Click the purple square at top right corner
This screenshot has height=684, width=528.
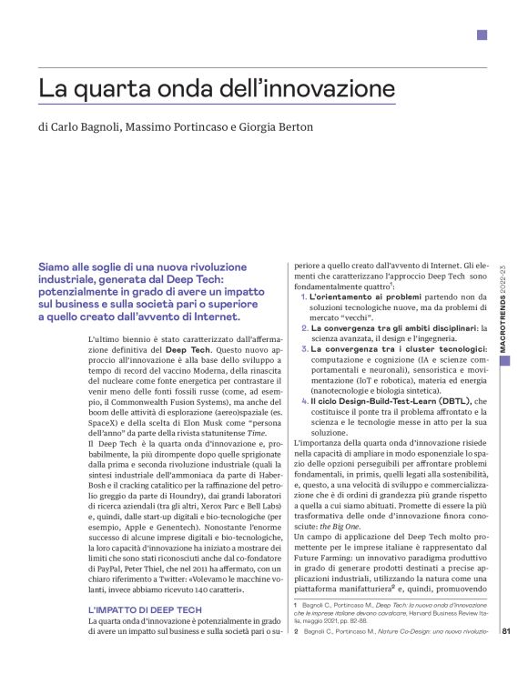[482, 35]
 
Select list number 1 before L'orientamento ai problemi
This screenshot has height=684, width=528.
[303, 297]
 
